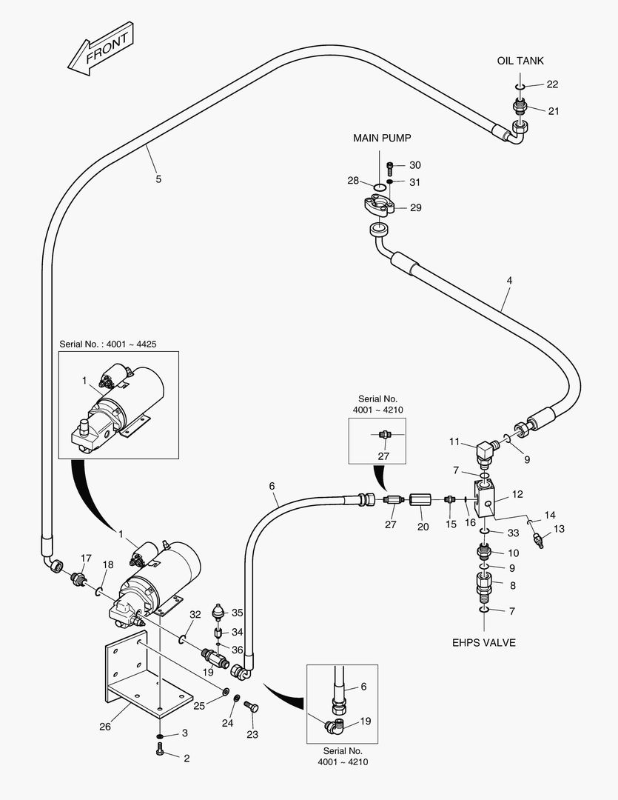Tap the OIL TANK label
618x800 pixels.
coord(520,61)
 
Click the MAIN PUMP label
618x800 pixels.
coord(381,138)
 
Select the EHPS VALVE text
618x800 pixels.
coord(483,642)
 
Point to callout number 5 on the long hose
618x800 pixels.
coord(158,179)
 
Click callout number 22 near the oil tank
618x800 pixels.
coord(552,84)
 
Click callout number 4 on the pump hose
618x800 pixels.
coord(509,281)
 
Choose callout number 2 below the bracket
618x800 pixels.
coord(186,758)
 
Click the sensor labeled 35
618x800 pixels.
coord(218,613)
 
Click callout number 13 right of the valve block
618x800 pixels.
coord(560,528)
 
